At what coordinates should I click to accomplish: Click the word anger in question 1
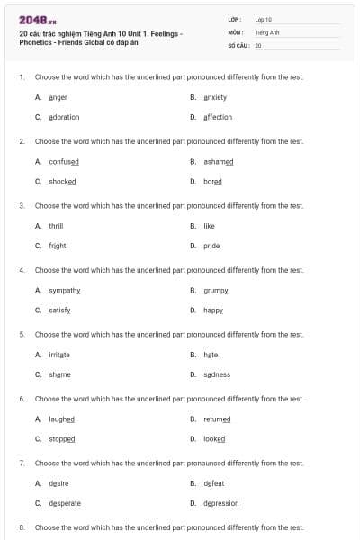click(x=58, y=97)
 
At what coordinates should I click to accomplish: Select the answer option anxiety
click(x=215, y=97)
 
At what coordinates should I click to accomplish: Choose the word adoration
click(x=64, y=117)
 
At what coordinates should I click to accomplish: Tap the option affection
click(x=218, y=117)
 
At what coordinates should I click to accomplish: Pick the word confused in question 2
click(x=64, y=161)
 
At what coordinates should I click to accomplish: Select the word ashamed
click(x=219, y=161)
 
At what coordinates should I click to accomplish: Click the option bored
click(x=212, y=181)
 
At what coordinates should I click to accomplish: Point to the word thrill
click(x=56, y=226)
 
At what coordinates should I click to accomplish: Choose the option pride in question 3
click(x=211, y=245)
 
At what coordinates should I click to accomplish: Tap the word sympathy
click(x=65, y=290)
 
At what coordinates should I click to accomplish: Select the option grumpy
click(x=216, y=290)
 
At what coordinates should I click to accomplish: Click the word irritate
click(x=59, y=355)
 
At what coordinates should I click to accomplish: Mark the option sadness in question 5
click(x=217, y=374)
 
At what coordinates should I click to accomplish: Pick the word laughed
click(x=62, y=418)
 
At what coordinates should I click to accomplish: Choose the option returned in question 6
click(x=217, y=418)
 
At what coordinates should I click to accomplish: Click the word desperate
click(x=65, y=503)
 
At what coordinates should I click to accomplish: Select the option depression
click(x=221, y=503)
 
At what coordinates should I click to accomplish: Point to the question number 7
click(x=22, y=463)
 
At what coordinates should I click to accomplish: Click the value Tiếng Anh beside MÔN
click(x=267, y=31)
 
